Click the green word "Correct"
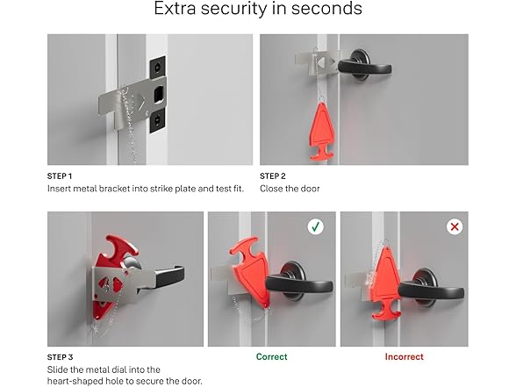coord(272,357)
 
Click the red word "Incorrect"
coord(404,357)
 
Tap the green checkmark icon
coord(315,226)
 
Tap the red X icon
coord(454,226)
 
